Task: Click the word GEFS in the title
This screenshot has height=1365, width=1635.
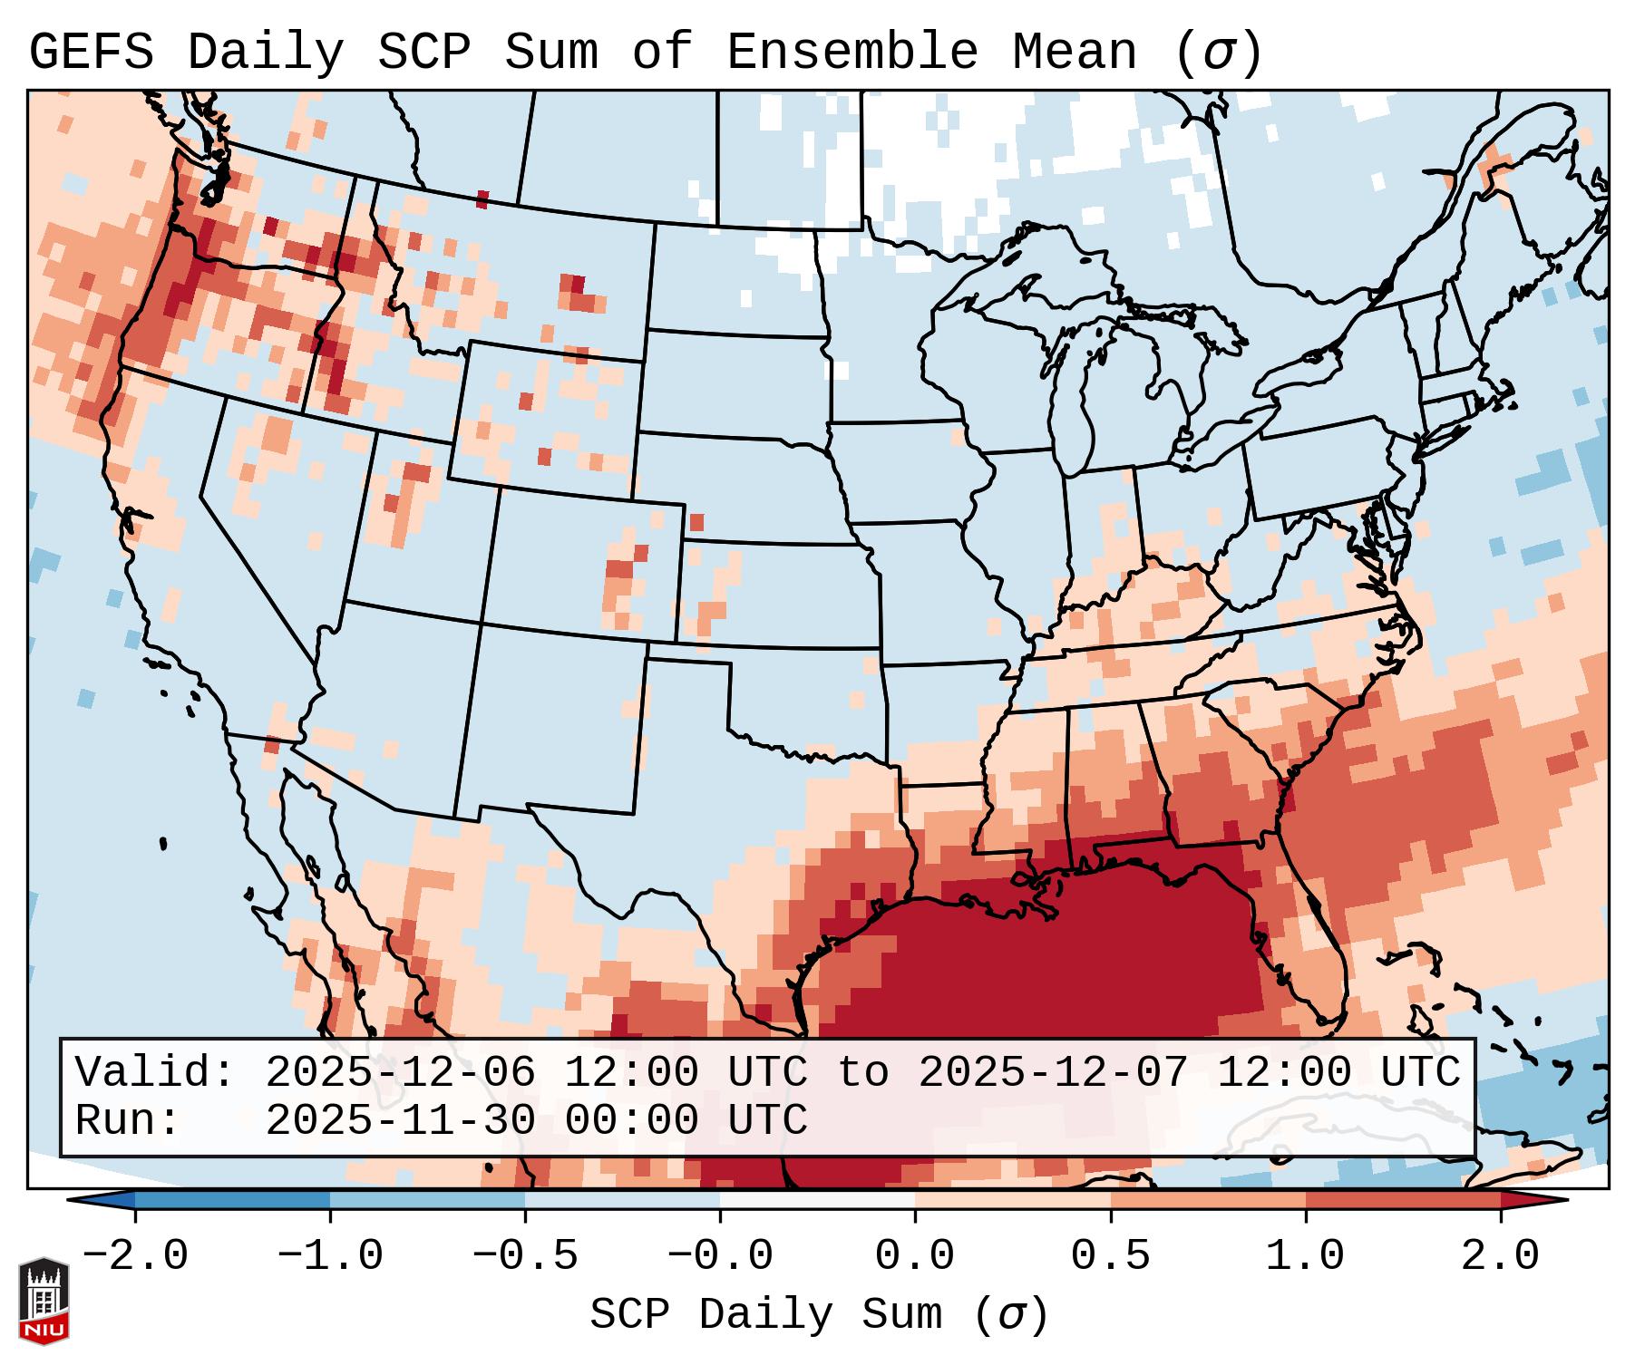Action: tap(92, 53)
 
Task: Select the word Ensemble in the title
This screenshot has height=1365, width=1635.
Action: tap(852, 53)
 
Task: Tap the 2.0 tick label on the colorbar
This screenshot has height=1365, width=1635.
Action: tap(1500, 1256)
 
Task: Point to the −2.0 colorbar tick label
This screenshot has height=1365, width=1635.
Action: tap(135, 1256)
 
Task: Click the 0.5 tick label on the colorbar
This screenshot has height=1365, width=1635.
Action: tap(1110, 1256)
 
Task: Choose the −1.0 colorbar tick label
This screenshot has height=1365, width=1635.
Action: tap(330, 1256)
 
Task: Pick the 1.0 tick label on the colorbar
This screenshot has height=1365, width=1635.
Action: tap(1305, 1256)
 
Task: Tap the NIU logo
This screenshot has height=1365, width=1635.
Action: tap(44, 1302)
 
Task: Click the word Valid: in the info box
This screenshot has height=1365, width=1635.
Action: tap(155, 1072)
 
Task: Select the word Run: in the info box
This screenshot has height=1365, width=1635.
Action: tap(128, 1121)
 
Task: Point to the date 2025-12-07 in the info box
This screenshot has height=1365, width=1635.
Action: tap(1053, 1072)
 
